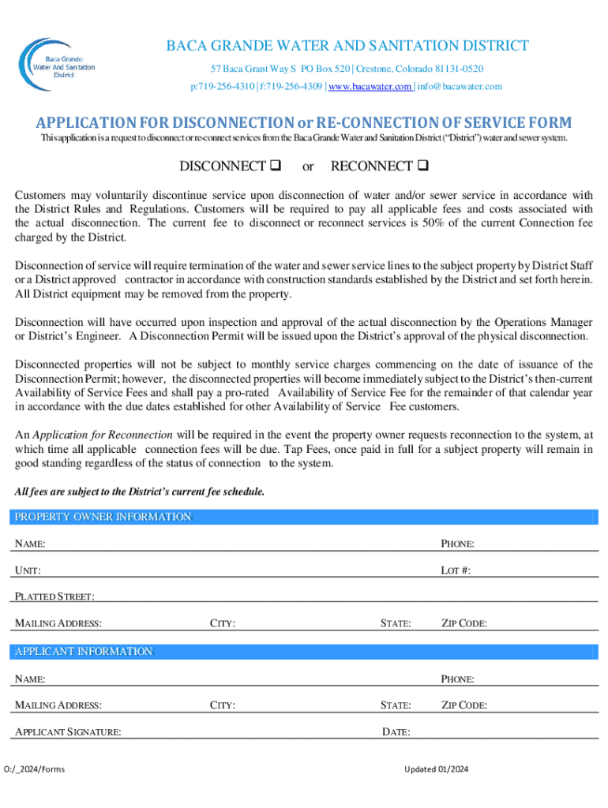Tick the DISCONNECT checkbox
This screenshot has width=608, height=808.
pos(276,166)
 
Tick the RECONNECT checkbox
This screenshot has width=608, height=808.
pos(422,166)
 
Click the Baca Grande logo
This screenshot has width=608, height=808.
pos(60,62)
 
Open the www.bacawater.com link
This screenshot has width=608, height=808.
pos(370,87)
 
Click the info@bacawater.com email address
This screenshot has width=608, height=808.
pos(460,87)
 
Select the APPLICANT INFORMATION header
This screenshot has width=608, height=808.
pos(81,651)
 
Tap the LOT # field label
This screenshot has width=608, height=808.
pos(456,570)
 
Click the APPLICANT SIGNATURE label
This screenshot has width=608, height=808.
pos(68,732)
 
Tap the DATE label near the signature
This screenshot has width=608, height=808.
pos(396,732)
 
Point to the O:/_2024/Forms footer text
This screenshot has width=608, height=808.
pos(35,769)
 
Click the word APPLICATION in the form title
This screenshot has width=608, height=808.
pos(84,123)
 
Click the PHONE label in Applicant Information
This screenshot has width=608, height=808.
pos(457,679)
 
